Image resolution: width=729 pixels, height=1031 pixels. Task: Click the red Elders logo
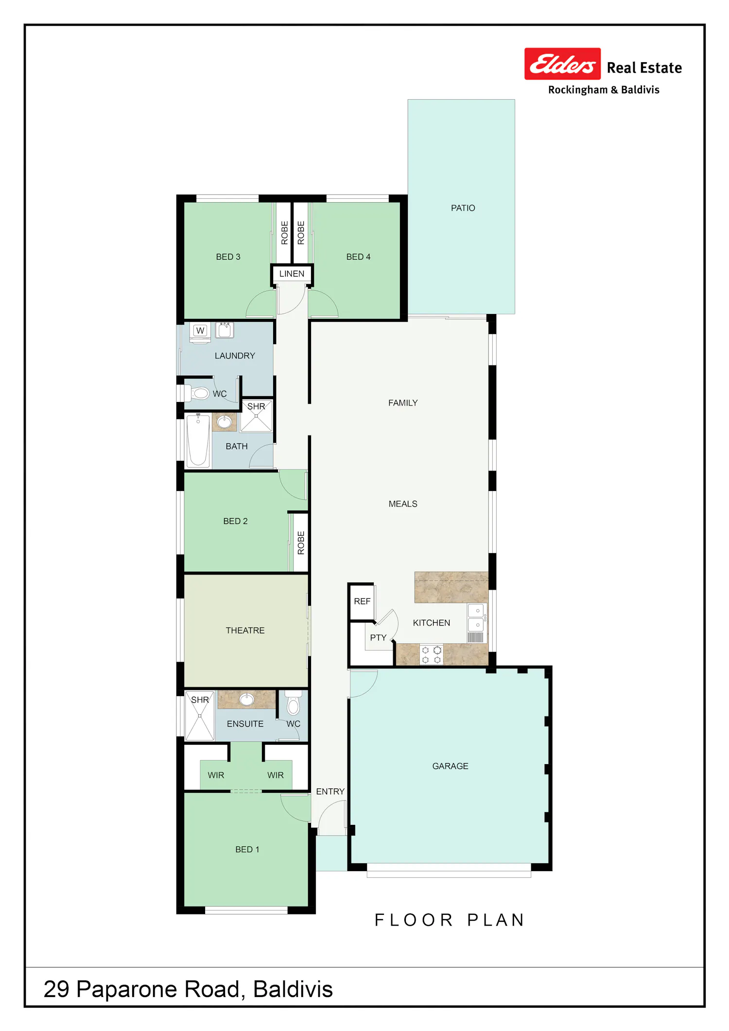click(562, 64)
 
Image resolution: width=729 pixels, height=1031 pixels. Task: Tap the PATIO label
click(463, 208)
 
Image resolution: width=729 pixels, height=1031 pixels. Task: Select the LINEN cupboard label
click(292, 274)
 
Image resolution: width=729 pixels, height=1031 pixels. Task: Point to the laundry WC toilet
click(197, 393)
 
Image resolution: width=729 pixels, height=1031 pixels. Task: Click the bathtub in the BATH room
click(198, 440)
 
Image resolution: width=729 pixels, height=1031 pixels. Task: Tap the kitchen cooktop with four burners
click(431, 654)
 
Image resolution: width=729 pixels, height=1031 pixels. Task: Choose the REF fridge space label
click(362, 601)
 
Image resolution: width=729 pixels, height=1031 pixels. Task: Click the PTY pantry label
click(378, 638)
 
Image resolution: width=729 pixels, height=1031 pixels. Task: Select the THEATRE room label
click(245, 630)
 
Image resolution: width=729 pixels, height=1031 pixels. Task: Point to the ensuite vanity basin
click(247, 699)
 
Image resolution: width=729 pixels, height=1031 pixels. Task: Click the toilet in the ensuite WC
click(293, 703)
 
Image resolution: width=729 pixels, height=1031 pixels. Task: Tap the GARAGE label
click(450, 766)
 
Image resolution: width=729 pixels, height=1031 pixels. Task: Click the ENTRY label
click(330, 791)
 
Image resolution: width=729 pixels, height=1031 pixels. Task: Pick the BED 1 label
click(247, 849)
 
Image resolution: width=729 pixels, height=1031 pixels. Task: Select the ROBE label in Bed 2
click(301, 543)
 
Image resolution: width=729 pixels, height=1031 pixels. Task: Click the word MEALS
click(403, 504)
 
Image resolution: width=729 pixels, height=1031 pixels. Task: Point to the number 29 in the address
click(56, 989)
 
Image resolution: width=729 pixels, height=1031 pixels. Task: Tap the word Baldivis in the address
click(293, 989)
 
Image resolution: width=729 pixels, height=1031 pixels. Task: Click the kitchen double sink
click(476, 617)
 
